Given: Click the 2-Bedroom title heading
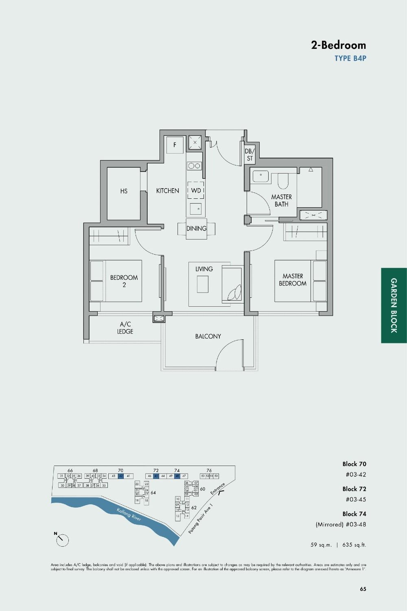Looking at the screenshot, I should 338,45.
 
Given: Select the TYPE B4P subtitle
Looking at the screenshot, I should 350,58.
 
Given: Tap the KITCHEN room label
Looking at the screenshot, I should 167,191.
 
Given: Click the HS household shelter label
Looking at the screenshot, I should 124,191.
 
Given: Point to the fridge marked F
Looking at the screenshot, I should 175,145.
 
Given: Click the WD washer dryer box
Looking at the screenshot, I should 196,190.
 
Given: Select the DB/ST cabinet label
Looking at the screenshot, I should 249,155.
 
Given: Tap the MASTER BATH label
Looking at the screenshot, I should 281,200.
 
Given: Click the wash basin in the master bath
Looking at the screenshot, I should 260,176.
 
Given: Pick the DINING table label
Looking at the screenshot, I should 196,229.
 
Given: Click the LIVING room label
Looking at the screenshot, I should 204,269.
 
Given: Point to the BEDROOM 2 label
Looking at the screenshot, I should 124,281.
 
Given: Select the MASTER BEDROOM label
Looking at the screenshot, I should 293,280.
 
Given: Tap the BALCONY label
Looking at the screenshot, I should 208,336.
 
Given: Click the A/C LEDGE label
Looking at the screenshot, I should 125,328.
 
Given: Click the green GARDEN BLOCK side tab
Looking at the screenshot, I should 394,305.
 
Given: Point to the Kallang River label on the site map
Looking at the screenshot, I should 129,514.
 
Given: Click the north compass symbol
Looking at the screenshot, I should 62,540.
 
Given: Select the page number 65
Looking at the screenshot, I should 363,589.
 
